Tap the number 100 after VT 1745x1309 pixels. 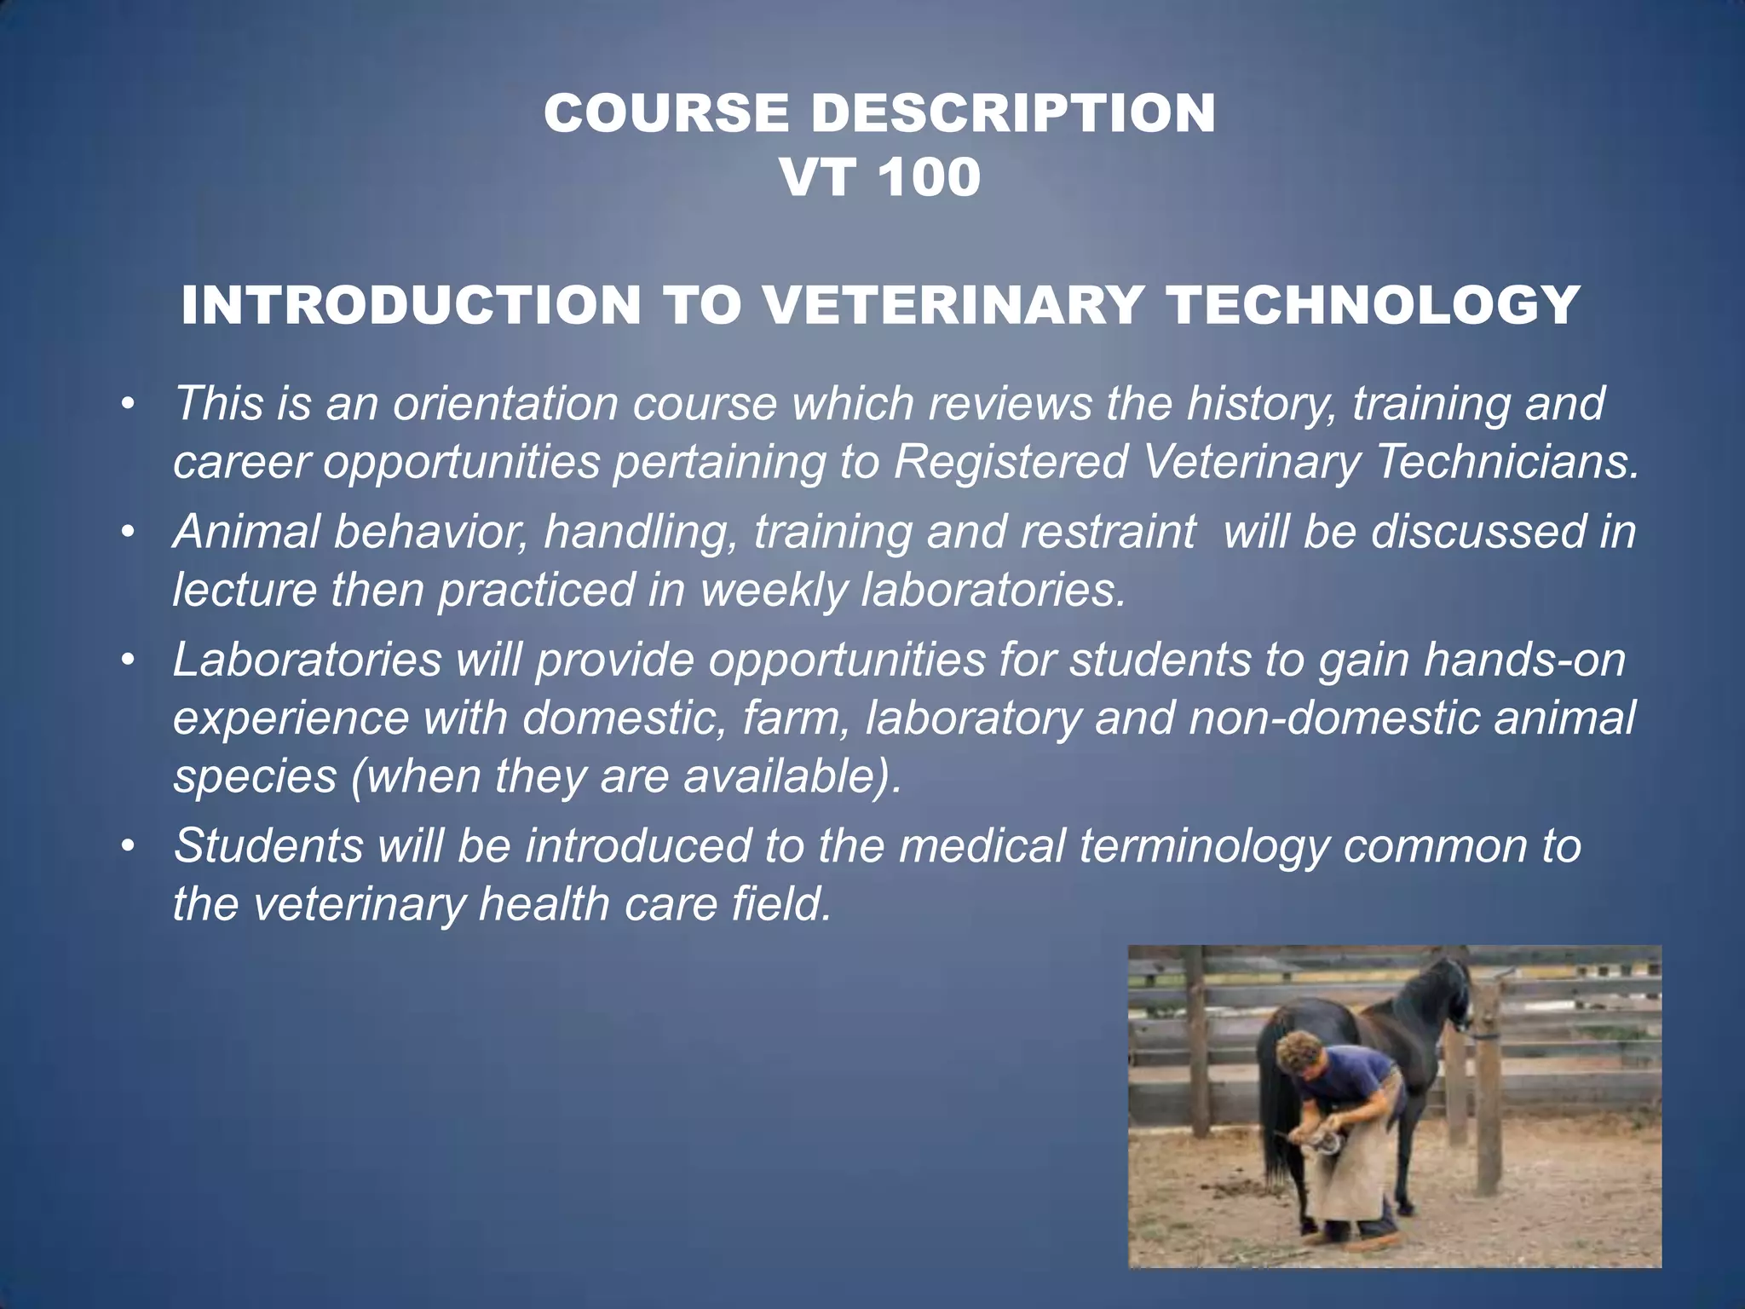pos(928,178)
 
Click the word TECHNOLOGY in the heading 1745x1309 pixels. pos(1373,305)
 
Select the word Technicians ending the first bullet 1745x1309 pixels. pos(1505,462)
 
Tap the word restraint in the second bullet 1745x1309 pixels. pos(1108,532)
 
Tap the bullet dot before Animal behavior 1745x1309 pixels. pos(128,533)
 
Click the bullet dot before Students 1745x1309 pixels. pos(128,847)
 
